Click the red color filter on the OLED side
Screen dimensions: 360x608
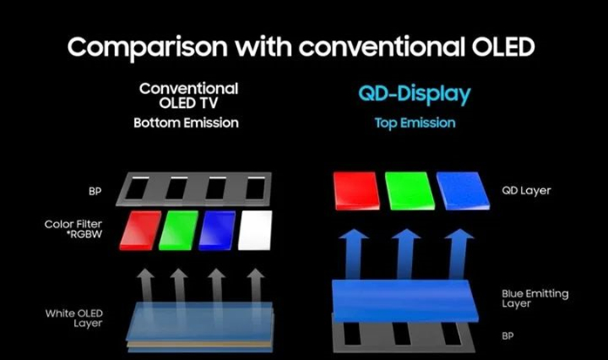[140, 228]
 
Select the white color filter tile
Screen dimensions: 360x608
[255, 228]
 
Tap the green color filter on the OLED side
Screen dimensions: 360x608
[179, 228]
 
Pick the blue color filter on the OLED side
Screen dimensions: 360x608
[217, 228]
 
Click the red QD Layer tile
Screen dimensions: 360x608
[356, 191]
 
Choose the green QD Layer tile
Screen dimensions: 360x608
[409, 191]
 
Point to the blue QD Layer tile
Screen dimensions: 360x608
[462, 191]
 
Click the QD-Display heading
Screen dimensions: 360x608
[415, 93]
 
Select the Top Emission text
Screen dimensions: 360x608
[415, 123]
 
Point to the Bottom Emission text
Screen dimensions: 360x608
[186, 123]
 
